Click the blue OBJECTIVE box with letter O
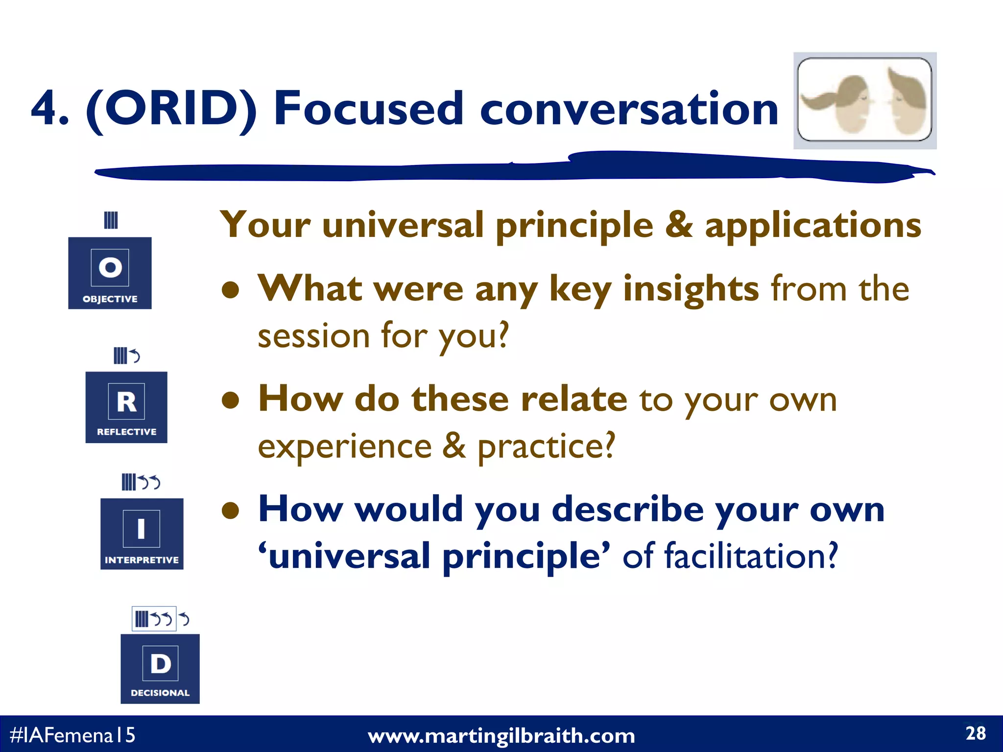[110, 273]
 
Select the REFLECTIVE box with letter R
[126, 407]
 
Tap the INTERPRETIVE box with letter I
[142, 534]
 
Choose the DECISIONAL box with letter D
[160, 669]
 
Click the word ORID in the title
[171, 109]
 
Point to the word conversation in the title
[629, 109]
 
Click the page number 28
[975, 733]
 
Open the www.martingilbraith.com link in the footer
[501, 736]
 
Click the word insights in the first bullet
[691, 289]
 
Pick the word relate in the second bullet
[573, 399]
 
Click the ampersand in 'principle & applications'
[679, 225]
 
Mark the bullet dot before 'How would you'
[230, 511]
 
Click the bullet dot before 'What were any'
[230, 290]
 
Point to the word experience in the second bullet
[345, 446]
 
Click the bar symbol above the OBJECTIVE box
[111, 220]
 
